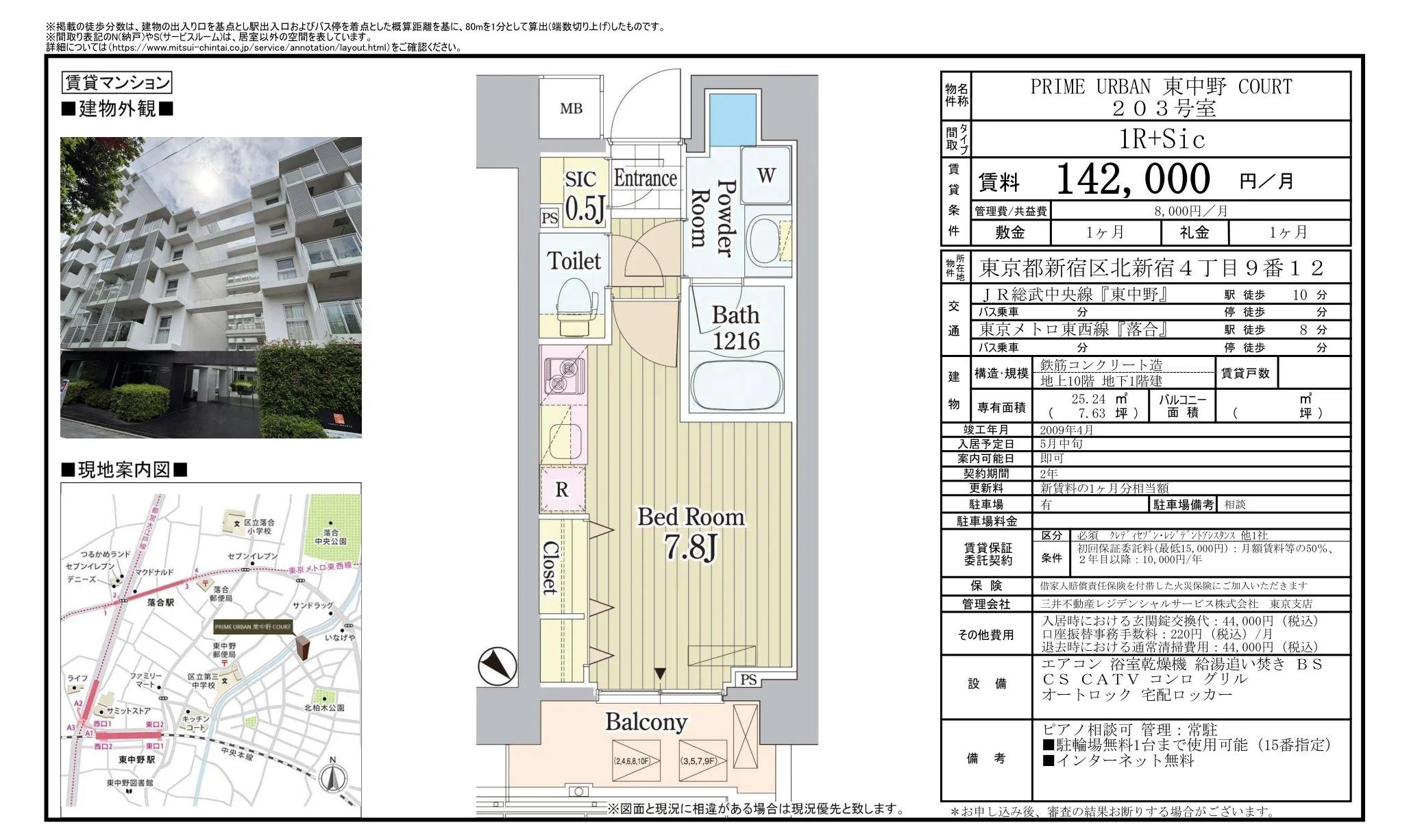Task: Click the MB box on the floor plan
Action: [571, 108]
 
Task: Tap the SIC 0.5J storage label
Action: [583, 196]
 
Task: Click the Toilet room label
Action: [574, 261]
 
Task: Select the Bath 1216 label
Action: [735, 328]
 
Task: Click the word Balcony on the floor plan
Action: [646, 721]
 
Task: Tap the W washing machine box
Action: [766, 175]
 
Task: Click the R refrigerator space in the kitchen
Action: [562, 489]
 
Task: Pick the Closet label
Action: [550, 567]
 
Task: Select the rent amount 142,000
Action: [1133, 180]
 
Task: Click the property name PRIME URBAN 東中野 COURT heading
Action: [1161, 87]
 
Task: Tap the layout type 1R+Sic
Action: [1161, 139]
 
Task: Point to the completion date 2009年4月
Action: [1066, 430]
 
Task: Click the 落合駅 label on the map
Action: [160, 603]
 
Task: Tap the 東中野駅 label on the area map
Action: [136, 759]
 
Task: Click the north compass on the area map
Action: [332, 777]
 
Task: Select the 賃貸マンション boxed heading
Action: [117, 83]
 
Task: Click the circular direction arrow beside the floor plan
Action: [498, 666]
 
